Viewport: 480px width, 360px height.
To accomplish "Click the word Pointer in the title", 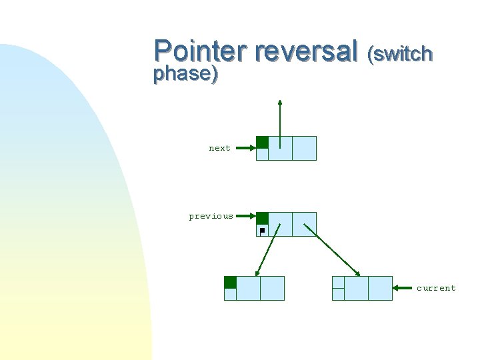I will (199, 51).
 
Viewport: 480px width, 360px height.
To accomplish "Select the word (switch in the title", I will (401, 53).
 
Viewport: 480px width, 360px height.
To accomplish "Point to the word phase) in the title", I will (185, 73).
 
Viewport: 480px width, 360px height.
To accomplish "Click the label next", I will (219, 148).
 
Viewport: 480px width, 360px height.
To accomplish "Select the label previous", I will (211, 216).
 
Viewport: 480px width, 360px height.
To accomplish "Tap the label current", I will (436, 288).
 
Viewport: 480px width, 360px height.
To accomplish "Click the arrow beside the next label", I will (245, 148).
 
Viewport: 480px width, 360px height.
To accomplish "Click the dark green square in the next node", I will (263, 142).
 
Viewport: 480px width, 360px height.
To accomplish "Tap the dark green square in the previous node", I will (263, 218).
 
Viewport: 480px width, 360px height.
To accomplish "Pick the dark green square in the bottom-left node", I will (230, 282).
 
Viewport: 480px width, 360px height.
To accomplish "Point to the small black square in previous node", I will (262, 230).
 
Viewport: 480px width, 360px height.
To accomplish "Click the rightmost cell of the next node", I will (304, 148).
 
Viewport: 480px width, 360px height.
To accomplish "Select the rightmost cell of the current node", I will (380, 288).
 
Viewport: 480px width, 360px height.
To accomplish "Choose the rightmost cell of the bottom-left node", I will (272, 288).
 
